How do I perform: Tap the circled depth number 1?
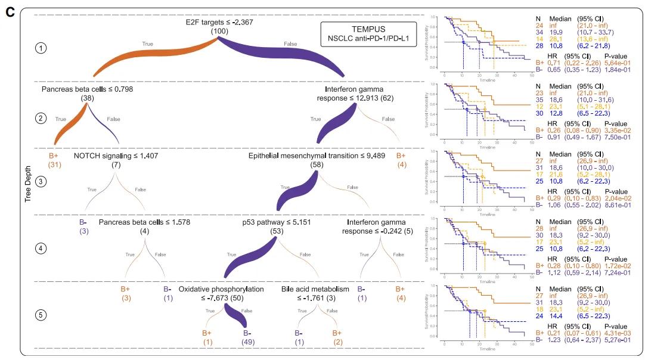[x=40, y=48]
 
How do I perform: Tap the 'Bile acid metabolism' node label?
[x=315, y=289]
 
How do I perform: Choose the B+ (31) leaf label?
[x=55, y=160]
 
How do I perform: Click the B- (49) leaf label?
[x=248, y=337]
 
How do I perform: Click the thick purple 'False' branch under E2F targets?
[x=286, y=55]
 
